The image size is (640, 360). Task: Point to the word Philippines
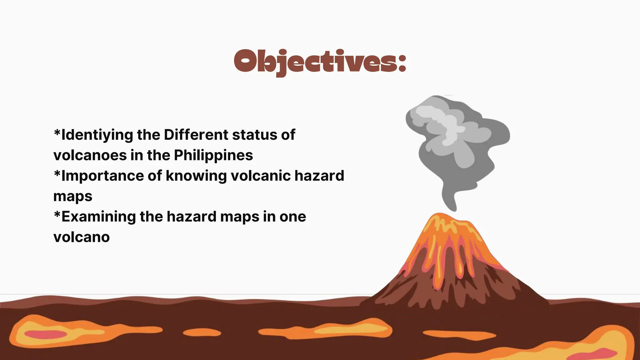[213, 155]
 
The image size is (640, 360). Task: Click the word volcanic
[261, 176]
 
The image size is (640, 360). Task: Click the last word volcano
[82, 237]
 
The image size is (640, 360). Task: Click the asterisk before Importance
[57, 173]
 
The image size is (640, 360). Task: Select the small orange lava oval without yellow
[202, 332]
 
